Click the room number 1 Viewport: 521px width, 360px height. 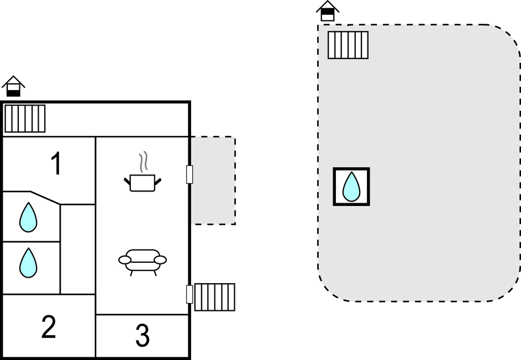[55, 164]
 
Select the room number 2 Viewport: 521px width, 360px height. [49, 327]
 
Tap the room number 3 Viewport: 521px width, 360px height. [143, 336]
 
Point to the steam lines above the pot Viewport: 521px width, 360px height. [144, 162]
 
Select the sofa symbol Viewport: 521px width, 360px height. [143, 261]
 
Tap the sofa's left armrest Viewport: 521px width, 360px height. [125, 260]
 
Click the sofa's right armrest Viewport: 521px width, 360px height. [160, 260]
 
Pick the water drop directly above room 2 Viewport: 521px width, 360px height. [28, 262]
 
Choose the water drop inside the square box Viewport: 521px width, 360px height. [351, 187]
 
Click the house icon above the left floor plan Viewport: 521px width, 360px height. [13, 86]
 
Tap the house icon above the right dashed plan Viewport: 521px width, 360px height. [328, 10]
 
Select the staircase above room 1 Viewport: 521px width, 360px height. [25, 118]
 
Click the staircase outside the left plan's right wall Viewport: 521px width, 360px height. [214, 297]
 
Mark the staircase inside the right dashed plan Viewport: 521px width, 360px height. [348, 45]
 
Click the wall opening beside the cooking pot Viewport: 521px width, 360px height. [190, 174]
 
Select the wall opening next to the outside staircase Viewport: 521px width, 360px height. [190, 294]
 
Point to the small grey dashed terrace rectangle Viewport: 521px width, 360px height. [213, 181]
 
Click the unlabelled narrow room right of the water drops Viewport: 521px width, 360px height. [77, 249]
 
